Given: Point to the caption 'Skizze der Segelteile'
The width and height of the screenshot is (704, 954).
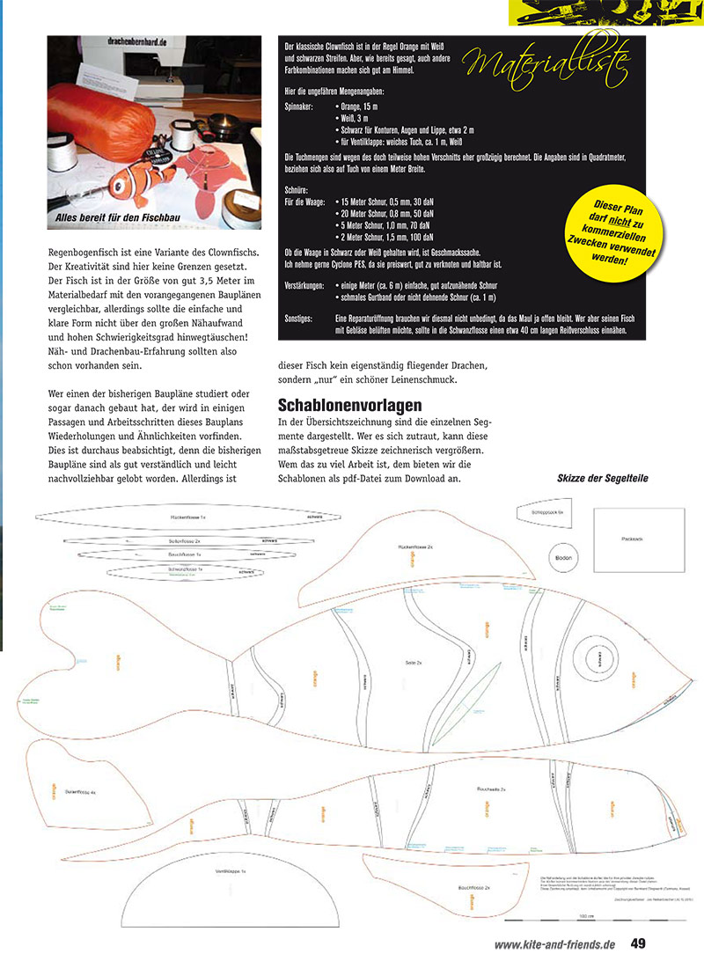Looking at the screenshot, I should [603, 479].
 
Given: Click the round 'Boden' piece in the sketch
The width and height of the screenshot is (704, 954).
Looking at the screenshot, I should [563, 557].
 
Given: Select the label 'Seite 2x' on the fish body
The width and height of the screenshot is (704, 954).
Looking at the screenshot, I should [414, 661].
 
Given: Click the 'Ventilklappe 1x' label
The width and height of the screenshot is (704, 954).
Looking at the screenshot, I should [230, 870].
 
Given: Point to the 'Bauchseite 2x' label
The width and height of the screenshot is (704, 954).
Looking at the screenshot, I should [491, 789].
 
